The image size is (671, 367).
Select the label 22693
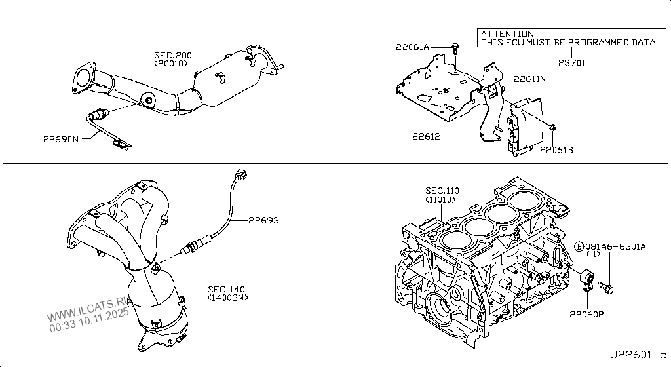(x=263, y=221)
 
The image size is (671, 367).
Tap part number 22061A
(x=412, y=47)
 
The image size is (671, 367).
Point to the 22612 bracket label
(x=427, y=137)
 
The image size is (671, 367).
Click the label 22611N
(x=529, y=79)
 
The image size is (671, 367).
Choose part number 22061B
(x=556, y=150)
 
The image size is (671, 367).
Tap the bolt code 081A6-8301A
(x=615, y=246)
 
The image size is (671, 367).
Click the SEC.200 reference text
(x=173, y=56)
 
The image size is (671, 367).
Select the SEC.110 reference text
(x=442, y=191)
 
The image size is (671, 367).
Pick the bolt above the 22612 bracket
(x=454, y=47)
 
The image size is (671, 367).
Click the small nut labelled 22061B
(x=553, y=126)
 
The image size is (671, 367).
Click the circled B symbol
(x=579, y=246)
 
